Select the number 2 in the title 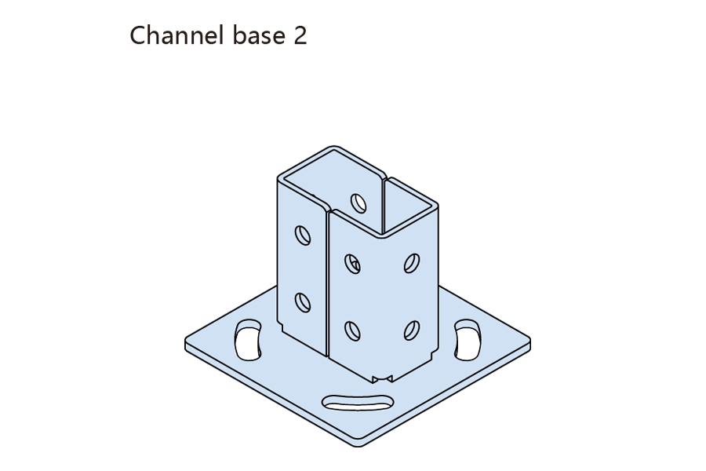[x=299, y=35]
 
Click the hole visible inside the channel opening [x=358, y=203]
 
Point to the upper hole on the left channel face [x=302, y=235]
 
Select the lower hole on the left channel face [x=302, y=301]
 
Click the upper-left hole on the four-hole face [x=352, y=263]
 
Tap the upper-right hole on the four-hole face [x=412, y=262]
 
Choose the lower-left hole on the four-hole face [x=352, y=330]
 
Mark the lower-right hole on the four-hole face [x=412, y=330]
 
